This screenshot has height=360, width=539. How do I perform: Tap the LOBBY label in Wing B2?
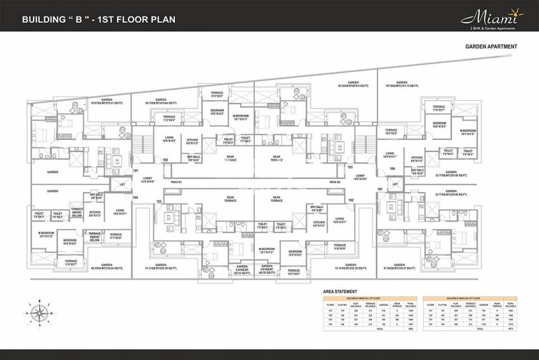pyautogui.click(x=361, y=176)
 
